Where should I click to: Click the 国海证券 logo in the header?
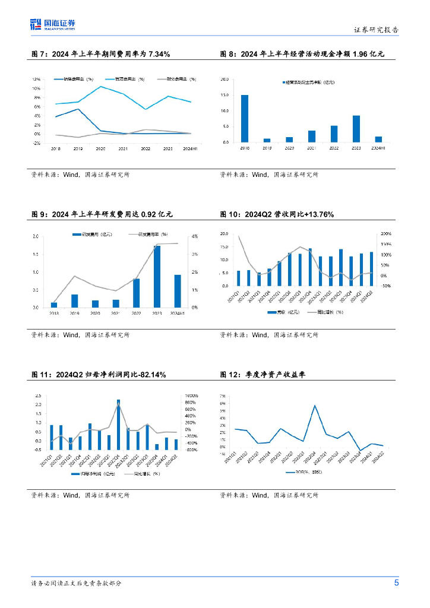pos(53,24)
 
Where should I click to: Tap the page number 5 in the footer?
pos(397,582)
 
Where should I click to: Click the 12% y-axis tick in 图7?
pos(36,80)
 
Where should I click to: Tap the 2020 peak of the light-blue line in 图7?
pos(100,87)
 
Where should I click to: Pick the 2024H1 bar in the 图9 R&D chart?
pos(177,291)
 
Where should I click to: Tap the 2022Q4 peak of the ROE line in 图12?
pos(315,406)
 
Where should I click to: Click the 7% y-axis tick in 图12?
pos(222,395)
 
